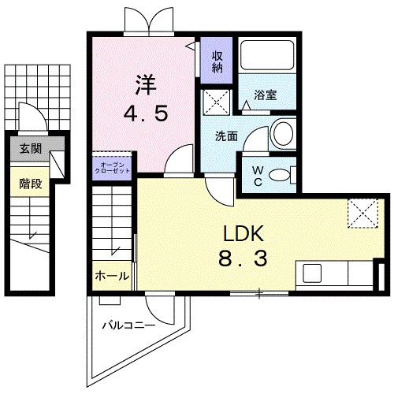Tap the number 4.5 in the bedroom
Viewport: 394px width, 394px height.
tap(144, 114)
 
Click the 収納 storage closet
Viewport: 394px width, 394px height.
tap(216, 61)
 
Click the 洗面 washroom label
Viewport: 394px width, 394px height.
tap(227, 135)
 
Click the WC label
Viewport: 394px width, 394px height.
tap(257, 173)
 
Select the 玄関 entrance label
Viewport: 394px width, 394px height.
tap(31, 148)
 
